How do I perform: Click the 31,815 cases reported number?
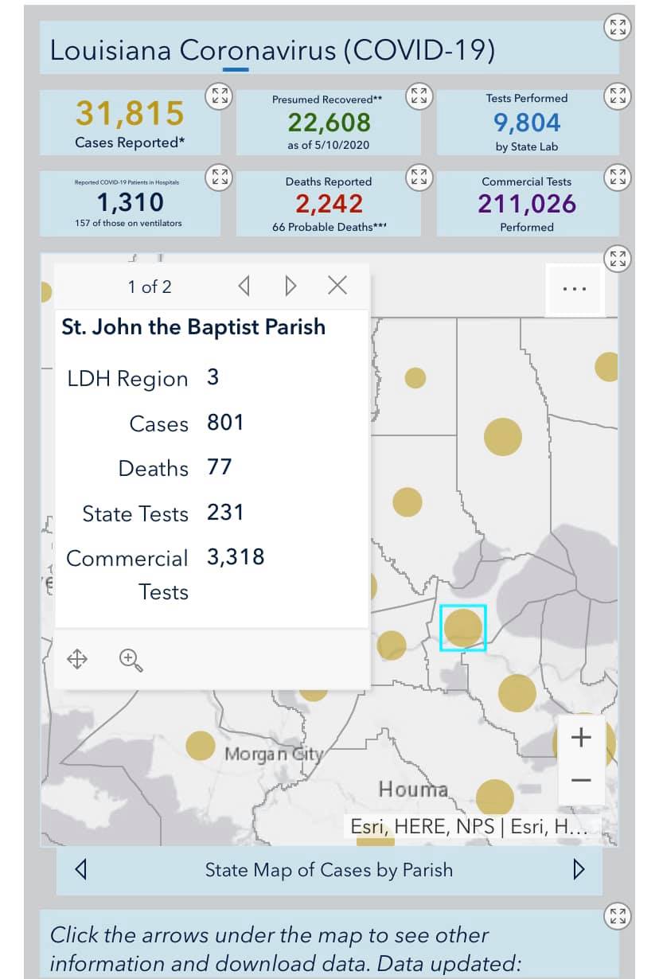130,114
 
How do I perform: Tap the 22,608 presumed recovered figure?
329,123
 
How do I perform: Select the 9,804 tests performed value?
527,123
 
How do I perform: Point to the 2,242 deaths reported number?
329,204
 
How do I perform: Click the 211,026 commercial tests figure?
527,204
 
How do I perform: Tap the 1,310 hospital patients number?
131,203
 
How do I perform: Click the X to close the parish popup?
337,286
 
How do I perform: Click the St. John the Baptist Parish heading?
193,327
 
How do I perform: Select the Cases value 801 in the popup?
225,422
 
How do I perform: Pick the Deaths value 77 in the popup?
220,467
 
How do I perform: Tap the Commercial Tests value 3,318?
236,557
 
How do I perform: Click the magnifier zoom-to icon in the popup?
131,660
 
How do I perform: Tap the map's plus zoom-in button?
581,738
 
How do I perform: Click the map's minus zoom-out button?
581,780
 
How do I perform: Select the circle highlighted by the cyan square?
462,628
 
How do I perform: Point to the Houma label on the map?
413,790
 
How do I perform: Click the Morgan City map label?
274,754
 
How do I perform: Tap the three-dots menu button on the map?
575,289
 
